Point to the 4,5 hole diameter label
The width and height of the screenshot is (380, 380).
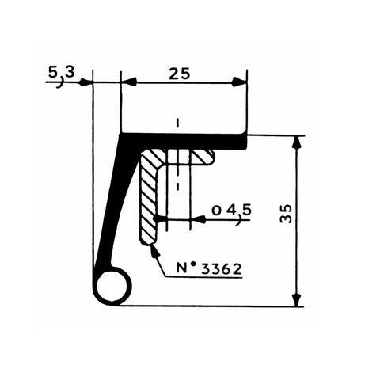[230, 210]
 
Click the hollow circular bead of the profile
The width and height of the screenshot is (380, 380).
[112, 285]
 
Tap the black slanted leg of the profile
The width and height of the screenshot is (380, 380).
[116, 206]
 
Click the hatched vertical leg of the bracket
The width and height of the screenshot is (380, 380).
[150, 202]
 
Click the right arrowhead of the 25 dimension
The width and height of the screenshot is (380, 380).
[239, 82]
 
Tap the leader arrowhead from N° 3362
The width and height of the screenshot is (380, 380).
[153, 249]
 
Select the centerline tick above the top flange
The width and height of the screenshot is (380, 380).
[179, 123]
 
